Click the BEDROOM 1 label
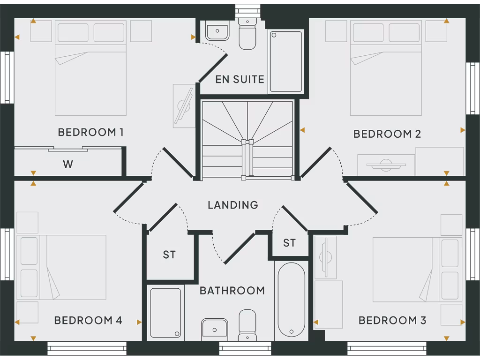(90, 132)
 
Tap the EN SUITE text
(240, 79)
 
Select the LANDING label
(233, 205)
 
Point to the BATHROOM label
(232, 291)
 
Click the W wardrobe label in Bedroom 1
(68, 164)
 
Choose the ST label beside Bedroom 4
(169, 255)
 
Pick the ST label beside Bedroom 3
(289, 243)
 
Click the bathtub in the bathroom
(291, 299)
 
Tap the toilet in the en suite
(247, 34)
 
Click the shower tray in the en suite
(286, 61)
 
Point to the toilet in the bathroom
(247, 324)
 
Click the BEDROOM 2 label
(387, 134)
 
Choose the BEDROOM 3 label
(392, 321)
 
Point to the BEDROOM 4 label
(88, 321)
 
